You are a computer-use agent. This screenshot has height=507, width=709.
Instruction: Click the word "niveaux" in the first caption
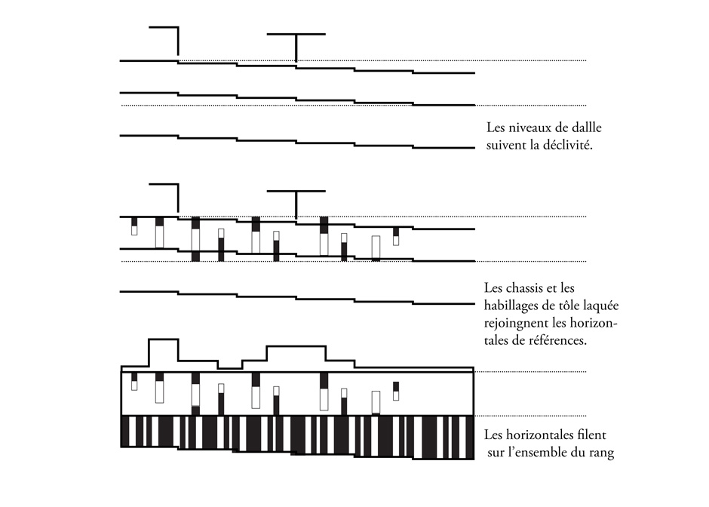[527, 128]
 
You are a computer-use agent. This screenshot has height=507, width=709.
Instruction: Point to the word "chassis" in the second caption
[524, 288]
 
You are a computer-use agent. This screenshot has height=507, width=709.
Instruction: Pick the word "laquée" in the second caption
[601, 306]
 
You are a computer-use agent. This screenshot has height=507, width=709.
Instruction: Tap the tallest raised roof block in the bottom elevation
[163, 340]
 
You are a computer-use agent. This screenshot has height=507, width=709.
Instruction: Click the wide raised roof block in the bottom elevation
[296, 347]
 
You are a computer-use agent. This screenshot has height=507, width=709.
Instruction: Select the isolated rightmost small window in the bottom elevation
[396, 392]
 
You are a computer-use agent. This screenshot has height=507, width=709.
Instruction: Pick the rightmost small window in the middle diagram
[396, 236]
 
